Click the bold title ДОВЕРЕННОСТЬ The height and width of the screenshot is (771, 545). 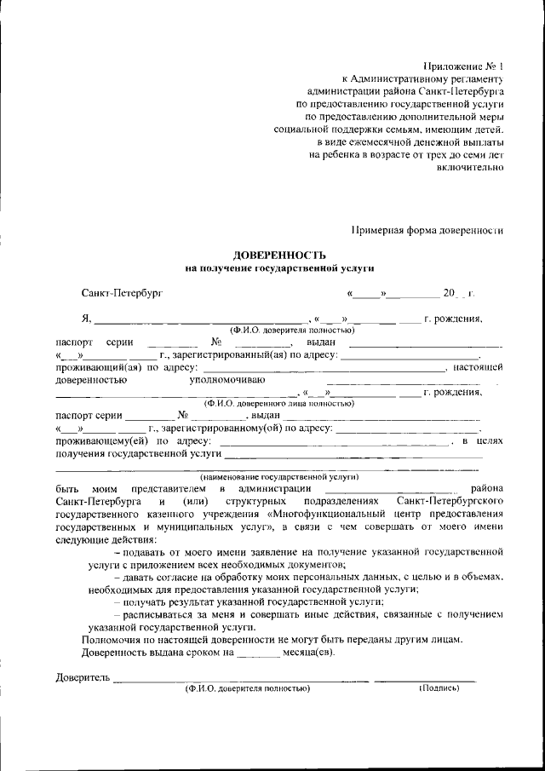(280, 255)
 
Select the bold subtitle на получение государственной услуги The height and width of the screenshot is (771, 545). (280, 268)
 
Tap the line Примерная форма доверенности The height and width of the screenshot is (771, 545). (428, 229)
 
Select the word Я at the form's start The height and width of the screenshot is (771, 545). (85, 320)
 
